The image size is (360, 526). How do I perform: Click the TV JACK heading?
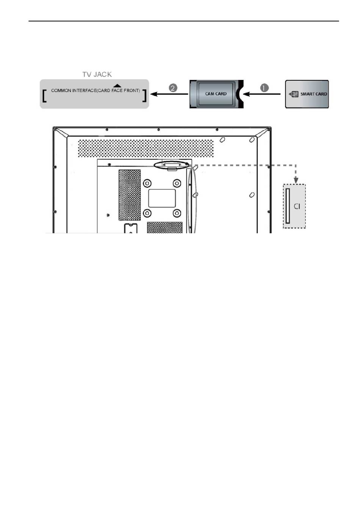click(x=97, y=75)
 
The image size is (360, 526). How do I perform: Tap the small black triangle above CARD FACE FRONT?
click(x=117, y=86)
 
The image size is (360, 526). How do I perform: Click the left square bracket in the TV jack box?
click(x=44, y=95)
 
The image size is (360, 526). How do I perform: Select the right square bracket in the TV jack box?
click(x=144, y=95)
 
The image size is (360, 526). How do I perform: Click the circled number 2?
click(x=173, y=88)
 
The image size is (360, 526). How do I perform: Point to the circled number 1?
click(x=265, y=88)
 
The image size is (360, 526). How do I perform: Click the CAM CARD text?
click(x=216, y=94)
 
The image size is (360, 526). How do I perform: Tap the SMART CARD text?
click(x=314, y=94)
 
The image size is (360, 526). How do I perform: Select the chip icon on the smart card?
click(x=295, y=94)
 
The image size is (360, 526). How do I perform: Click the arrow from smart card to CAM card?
click(x=261, y=94)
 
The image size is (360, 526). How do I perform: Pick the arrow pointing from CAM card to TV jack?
click(x=169, y=94)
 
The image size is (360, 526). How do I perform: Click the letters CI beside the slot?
click(x=297, y=206)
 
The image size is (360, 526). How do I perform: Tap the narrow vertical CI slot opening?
click(x=287, y=206)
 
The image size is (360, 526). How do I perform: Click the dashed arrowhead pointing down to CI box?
click(x=296, y=180)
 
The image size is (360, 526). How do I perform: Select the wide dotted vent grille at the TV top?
click(x=146, y=148)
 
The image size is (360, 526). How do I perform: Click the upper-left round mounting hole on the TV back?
click(x=147, y=183)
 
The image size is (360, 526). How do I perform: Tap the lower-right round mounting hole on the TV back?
click(x=177, y=213)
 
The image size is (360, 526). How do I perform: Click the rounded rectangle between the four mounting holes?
click(x=162, y=198)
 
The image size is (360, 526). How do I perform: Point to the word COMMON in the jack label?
click(x=61, y=91)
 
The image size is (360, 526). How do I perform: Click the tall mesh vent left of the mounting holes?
click(x=130, y=195)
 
